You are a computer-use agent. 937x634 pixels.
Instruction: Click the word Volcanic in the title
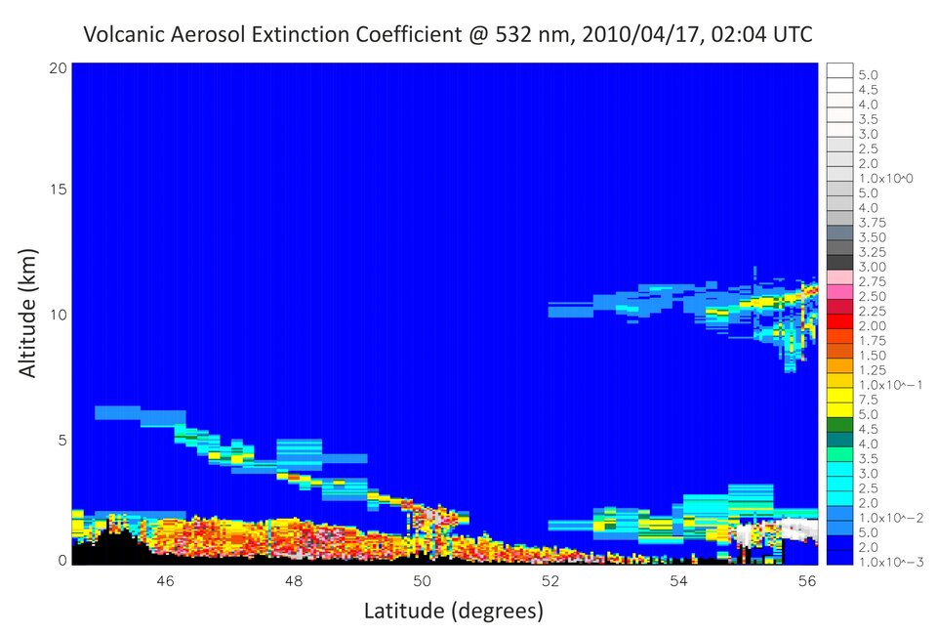124,36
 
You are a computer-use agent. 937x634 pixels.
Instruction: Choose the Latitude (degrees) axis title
453,612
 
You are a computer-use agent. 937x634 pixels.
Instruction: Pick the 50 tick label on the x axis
422,581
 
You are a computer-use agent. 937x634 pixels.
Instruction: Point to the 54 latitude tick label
678,581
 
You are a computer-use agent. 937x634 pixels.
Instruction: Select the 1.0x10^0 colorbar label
881,178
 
